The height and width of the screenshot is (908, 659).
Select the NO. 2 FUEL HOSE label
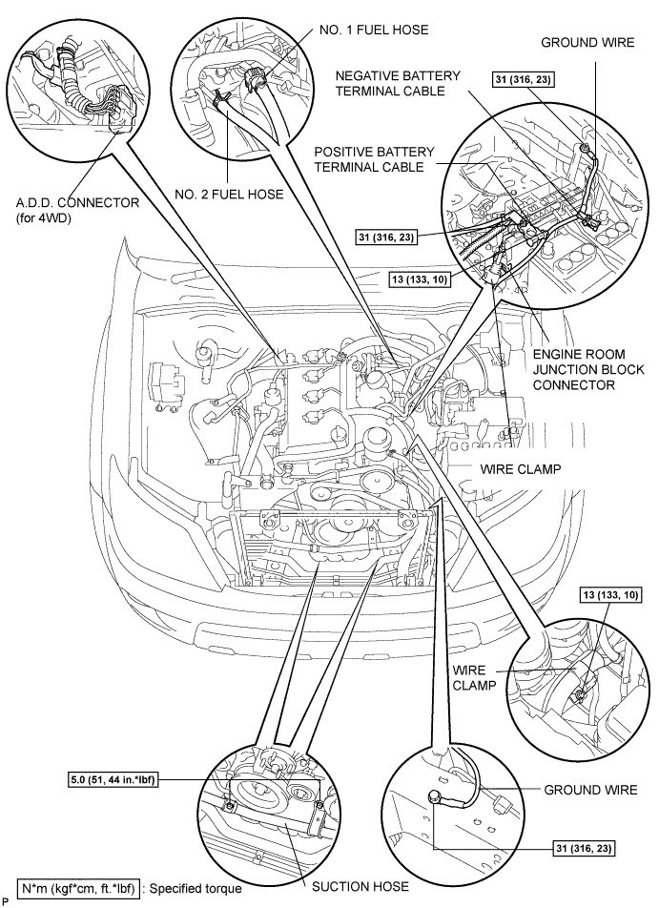[229, 194]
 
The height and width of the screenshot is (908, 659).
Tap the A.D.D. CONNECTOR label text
[77, 203]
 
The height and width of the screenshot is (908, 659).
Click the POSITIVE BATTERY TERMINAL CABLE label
[374, 159]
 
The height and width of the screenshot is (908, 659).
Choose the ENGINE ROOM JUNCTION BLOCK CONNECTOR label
[588, 369]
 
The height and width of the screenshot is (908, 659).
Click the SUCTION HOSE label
[360, 887]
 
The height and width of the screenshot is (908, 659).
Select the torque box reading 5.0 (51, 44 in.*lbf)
[113, 780]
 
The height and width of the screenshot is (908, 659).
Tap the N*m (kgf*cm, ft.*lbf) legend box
[78, 888]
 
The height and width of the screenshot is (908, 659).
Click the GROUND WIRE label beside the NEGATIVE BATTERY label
[587, 42]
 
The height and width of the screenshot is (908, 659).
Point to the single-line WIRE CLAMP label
[521, 469]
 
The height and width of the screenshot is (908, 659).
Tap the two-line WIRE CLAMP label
[475, 677]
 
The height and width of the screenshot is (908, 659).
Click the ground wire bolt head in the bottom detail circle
[433, 796]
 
